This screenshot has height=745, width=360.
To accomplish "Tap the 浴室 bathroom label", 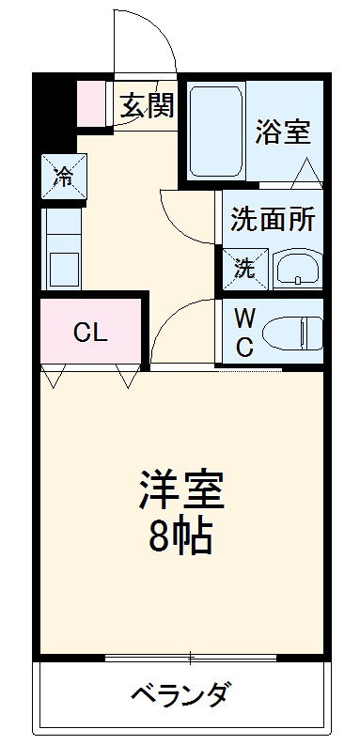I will [282, 132].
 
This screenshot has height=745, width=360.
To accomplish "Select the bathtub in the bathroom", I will [216, 131].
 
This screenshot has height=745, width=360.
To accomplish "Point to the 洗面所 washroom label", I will [273, 220].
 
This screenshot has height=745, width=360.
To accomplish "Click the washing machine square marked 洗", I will [244, 269].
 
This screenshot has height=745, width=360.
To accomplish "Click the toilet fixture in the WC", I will [292, 331].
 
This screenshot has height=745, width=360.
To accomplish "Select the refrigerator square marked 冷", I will [62, 176].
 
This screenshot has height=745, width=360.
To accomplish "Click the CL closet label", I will [91, 332].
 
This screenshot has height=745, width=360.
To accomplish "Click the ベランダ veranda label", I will [179, 696].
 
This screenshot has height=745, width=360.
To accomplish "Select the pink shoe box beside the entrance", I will [92, 104].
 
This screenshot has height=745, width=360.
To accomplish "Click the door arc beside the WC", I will [183, 329].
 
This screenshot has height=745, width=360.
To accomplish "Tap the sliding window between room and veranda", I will [188, 656].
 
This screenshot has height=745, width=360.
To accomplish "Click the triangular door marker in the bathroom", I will [305, 171].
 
